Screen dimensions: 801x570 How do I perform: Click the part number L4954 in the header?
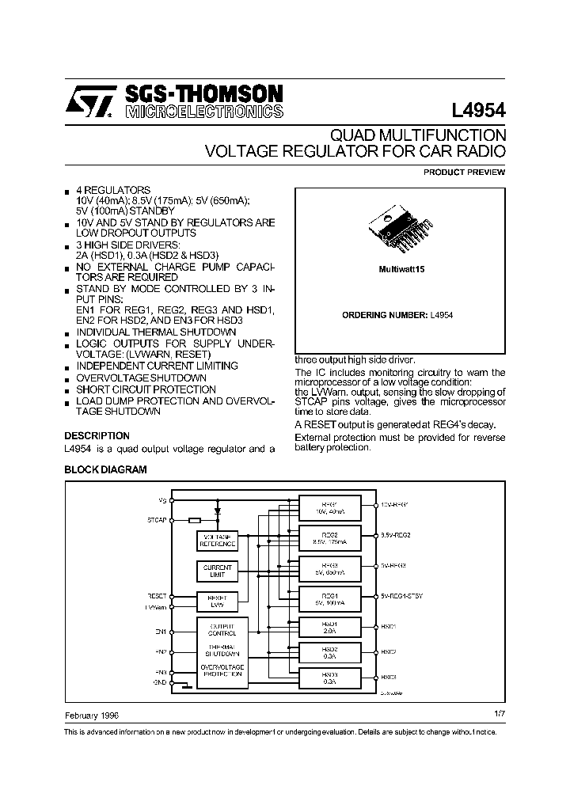click(x=477, y=110)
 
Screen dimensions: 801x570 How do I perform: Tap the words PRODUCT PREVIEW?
click(x=464, y=172)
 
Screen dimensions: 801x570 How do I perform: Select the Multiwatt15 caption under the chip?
click(x=400, y=270)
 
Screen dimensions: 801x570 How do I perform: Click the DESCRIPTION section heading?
click(x=97, y=436)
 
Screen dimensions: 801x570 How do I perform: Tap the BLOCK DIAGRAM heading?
click(x=104, y=469)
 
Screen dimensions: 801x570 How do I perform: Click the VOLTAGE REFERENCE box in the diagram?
click(x=217, y=541)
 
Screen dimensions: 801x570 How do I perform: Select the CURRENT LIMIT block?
click(x=217, y=571)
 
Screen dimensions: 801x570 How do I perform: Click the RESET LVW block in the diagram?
click(x=217, y=601)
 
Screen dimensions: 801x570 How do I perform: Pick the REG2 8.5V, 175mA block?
click(x=329, y=538)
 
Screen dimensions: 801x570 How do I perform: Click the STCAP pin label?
click(x=157, y=520)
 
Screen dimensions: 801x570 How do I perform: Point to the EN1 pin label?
click(x=161, y=631)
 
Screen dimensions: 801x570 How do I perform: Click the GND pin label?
click(x=160, y=682)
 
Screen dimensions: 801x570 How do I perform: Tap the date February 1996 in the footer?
click(x=92, y=715)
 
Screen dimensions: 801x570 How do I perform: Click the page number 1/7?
click(x=499, y=714)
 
